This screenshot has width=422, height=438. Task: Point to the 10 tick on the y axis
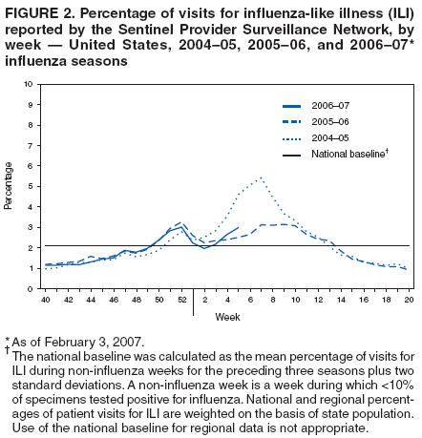click(x=31, y=84)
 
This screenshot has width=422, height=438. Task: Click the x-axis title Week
click(x=227, y=316)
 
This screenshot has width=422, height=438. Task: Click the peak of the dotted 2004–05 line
click(x=261, y=177)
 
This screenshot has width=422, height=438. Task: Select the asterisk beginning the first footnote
click(x=6, y=339)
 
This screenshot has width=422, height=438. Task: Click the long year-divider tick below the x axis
click(x=193, y=302)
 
